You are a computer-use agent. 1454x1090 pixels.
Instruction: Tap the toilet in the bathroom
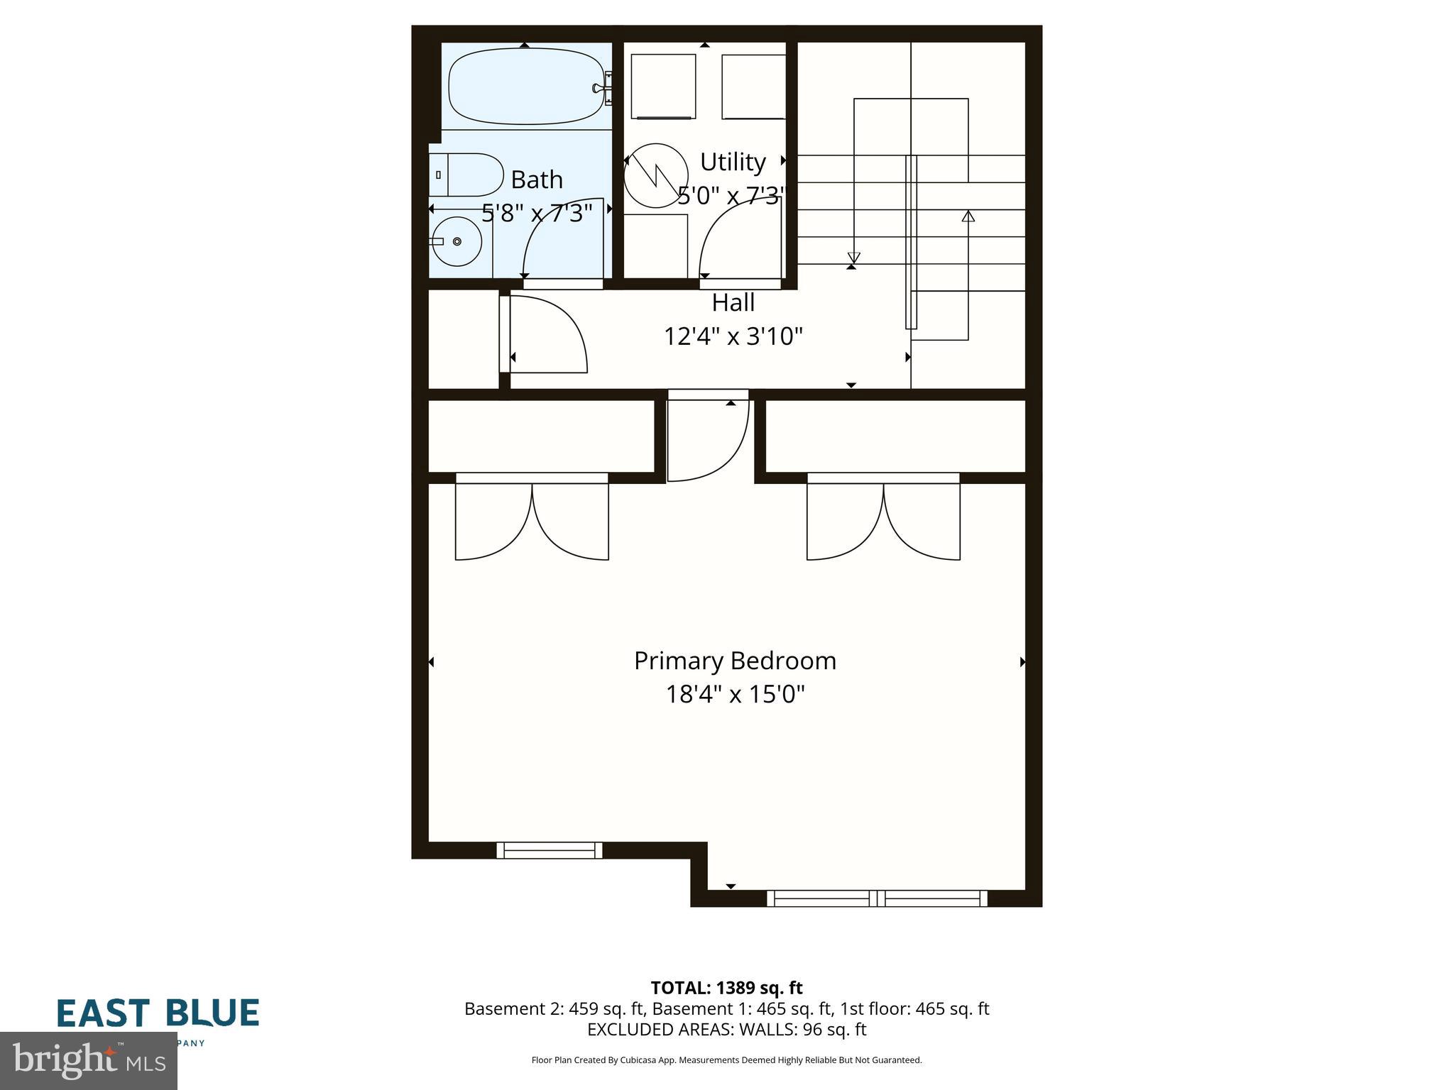pyautogui.click(x=465, y=175)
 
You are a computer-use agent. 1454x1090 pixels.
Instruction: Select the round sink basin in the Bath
pyautogui.click(x=457, y=242)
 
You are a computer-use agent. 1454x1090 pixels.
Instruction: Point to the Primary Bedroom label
pyautogui.click(x=735, y=661)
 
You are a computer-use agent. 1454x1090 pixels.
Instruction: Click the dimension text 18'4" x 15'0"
pyautogui.click(x=735, y=694)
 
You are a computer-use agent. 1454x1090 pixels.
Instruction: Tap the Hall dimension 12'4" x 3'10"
pyautogui.click(x=733, y=336)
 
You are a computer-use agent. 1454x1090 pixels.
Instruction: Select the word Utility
pyautogui.click(x=733, y=162)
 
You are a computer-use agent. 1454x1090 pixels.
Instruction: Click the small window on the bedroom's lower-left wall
pyautogui.click(x=549, y=849)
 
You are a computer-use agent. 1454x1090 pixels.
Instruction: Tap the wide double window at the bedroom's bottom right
pyautogui.click(x=877, y=898)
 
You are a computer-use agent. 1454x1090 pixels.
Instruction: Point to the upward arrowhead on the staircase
pyautogui.click(x=968, y=216)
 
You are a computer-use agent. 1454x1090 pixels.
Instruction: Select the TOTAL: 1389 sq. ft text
pyautogui.click(x=726, y=988)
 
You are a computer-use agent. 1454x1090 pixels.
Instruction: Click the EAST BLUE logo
pyautogui.click(x=158, y=1013)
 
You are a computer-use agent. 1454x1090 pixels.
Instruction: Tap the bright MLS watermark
pyautogui.click(x=88, y=1062)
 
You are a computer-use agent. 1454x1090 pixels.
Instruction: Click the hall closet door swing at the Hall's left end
pyautogui.click(x=547, y=334)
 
